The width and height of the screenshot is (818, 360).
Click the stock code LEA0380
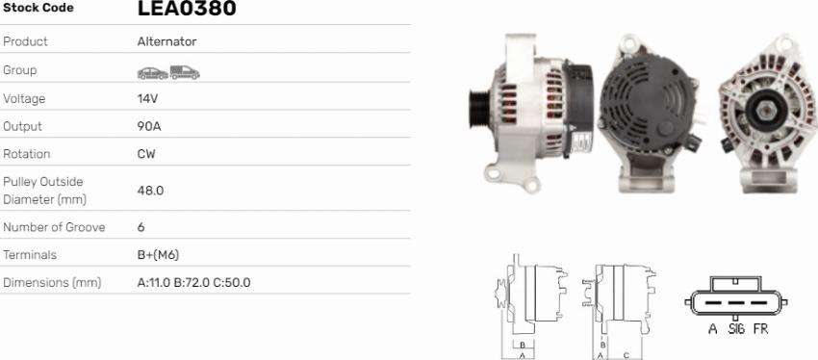(187, 8)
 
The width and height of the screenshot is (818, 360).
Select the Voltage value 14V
(147, 98)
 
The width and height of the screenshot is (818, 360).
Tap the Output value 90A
(149, 126)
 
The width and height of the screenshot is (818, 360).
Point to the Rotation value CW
(146, 154)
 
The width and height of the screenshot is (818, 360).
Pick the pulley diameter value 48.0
(150, 191)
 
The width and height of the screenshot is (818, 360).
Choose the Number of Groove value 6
(141, 227)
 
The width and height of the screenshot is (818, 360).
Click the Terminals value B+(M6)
(158, 255)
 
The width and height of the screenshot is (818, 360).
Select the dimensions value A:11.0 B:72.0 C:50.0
(193, 283)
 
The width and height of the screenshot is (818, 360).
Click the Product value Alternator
(166, 41)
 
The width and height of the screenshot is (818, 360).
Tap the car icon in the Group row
(153, 73)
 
